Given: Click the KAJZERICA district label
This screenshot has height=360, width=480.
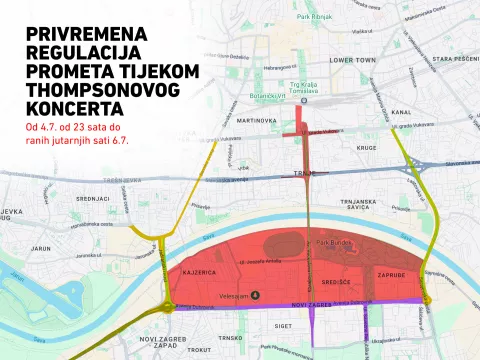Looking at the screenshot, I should [199, 271].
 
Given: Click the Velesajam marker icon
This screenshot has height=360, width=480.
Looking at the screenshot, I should [254, 295].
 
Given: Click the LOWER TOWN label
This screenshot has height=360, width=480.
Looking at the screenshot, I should [352, 60].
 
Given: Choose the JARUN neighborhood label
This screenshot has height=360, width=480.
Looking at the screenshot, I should [40, 246].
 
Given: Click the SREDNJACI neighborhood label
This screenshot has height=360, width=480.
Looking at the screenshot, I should [92, 198].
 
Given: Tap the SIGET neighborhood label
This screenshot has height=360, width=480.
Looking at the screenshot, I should [283, 325].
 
